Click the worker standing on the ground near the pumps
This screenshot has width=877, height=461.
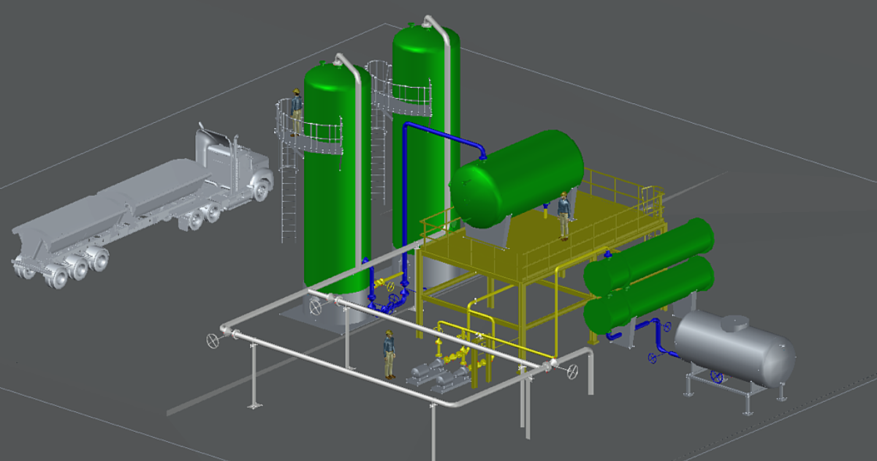coord(390,354)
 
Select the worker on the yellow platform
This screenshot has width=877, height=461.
coord(563,215)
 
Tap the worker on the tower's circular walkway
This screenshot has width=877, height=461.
coord(296,112)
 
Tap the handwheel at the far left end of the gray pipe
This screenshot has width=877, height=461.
coord(213,340)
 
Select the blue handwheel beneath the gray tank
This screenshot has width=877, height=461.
coord(718,378)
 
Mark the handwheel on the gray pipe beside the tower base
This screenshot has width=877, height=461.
coord(316,307)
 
